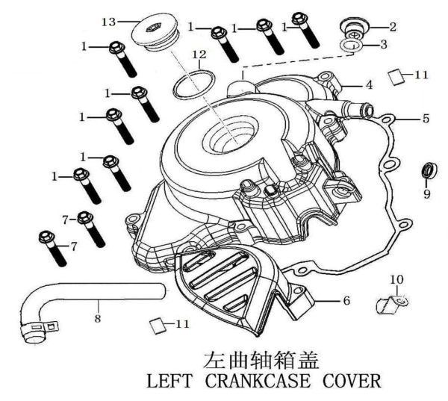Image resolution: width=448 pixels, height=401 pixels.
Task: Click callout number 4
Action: coord(369,84)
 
